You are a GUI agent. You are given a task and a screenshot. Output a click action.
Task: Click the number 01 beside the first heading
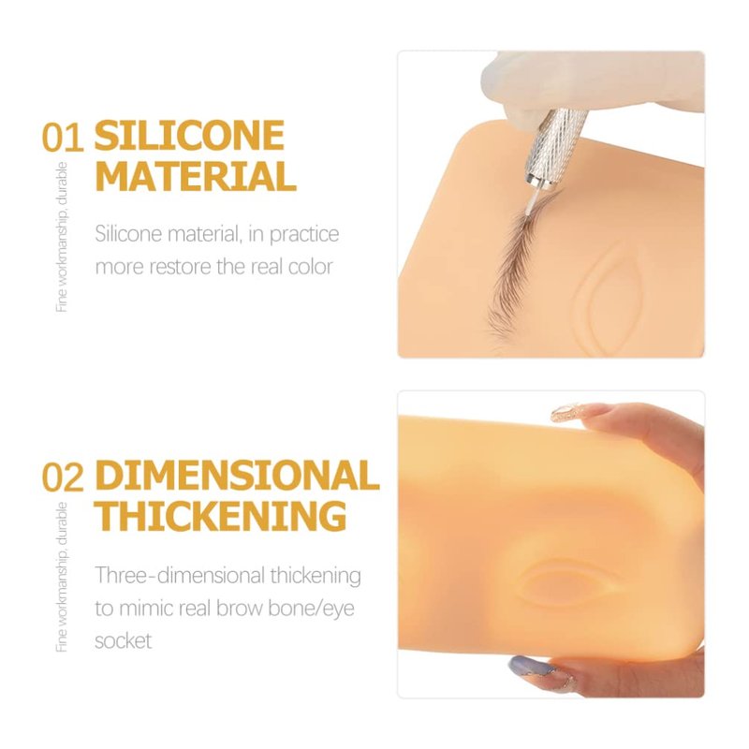[x=63, y=138]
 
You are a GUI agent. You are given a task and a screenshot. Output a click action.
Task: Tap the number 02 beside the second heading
[x=63, y=477]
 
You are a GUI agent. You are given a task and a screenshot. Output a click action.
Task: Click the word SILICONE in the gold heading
[x=190, y=135]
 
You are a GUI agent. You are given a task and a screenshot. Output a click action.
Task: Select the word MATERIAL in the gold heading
[x=196, y=176]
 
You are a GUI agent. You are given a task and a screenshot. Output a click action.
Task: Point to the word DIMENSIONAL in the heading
[x=237, y=475]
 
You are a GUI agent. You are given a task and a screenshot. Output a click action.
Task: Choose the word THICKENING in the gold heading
[x=221, y=516]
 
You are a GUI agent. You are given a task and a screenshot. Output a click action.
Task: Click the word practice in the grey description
[x=304, y=236]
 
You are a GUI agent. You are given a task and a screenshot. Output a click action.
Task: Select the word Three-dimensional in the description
[x=180, y=576]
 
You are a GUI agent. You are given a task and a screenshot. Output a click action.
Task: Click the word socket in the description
[x=124, y=640]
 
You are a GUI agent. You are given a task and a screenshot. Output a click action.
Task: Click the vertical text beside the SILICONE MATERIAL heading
[x=62, y=237]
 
